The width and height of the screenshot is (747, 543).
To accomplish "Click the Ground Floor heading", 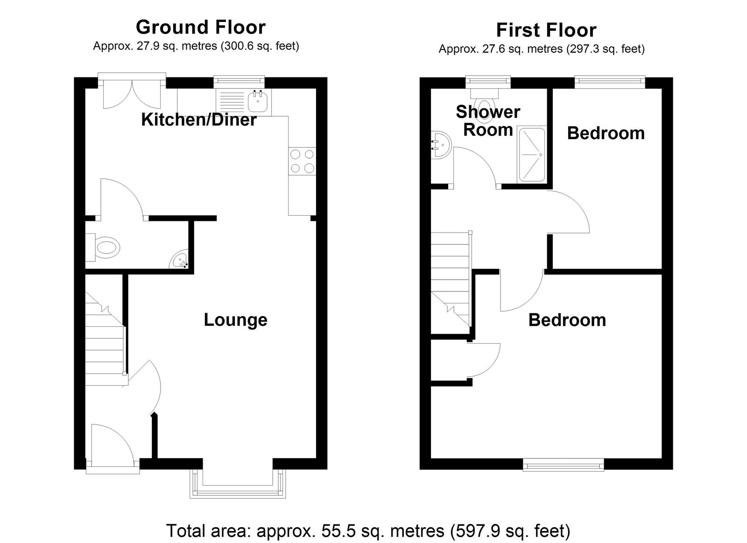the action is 201,28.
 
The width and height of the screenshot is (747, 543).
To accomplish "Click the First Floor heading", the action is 546,30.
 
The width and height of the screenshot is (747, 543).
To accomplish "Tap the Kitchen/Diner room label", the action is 199,120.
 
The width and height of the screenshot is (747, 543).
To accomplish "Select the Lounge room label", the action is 235,320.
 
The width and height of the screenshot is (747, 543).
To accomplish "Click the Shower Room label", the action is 488,121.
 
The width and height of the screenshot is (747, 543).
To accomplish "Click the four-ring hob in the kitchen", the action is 302,161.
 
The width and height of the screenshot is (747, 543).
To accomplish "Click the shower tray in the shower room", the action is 532,155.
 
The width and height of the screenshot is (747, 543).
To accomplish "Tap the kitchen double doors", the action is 132,91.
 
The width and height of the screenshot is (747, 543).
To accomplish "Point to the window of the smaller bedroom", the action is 610,82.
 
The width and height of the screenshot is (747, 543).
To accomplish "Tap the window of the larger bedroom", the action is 563,464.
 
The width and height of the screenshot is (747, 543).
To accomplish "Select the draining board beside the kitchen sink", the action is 231,100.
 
